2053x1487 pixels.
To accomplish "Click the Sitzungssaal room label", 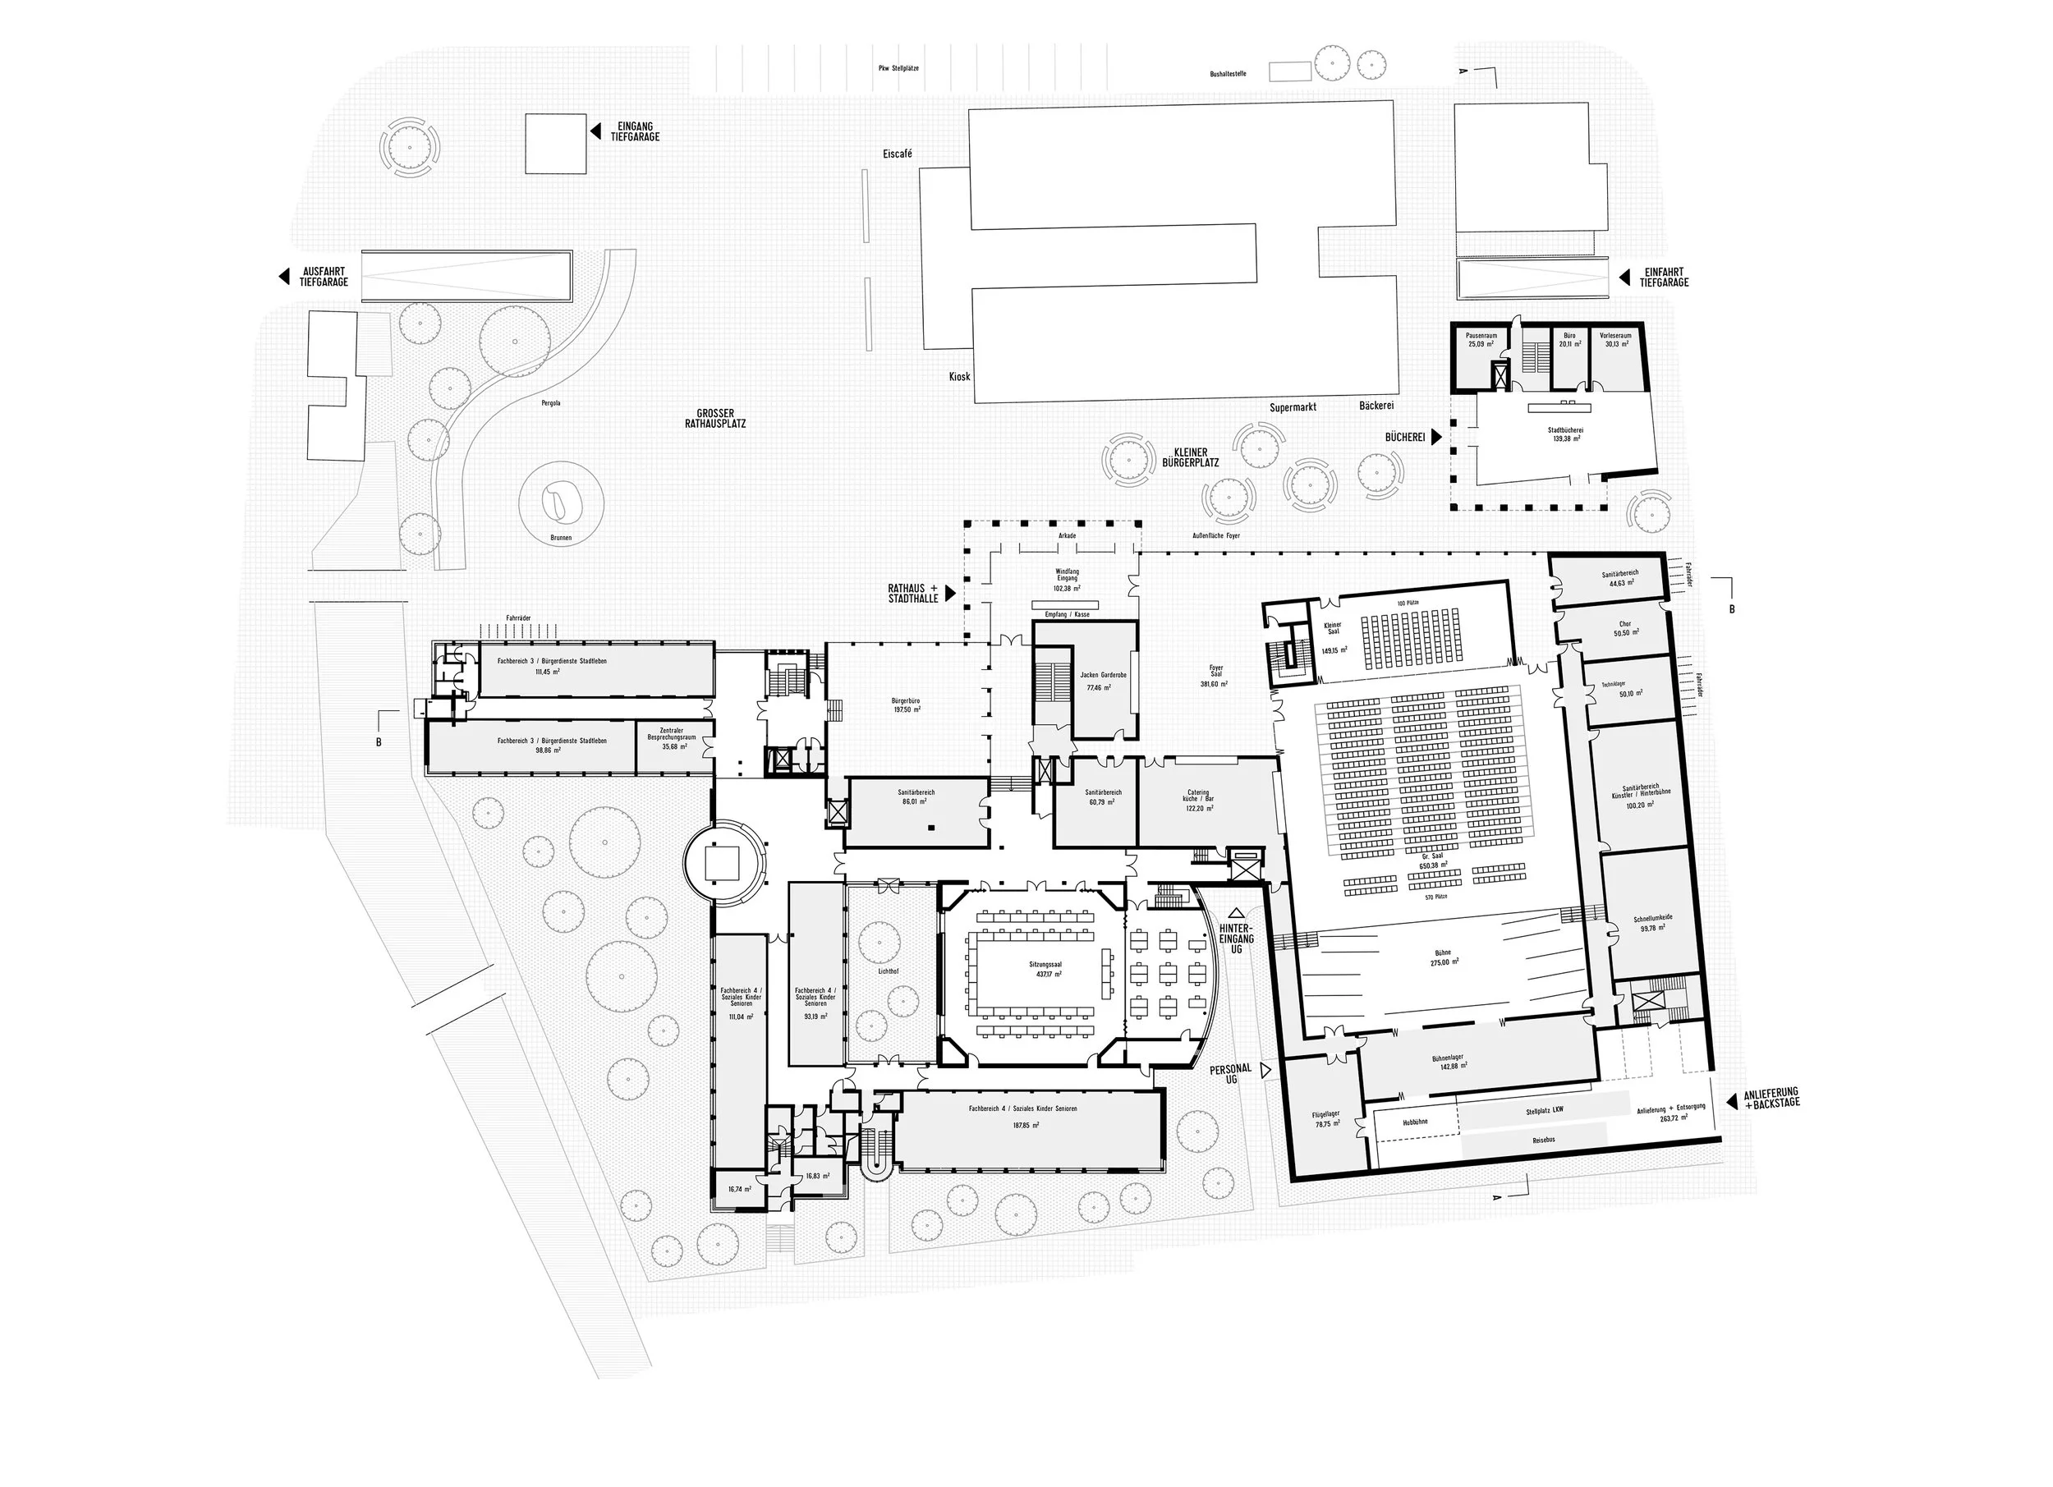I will click(1045, 965).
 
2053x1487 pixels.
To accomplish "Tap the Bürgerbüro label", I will click(905, 700).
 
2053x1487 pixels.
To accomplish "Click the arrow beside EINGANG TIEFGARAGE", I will click(595, 132).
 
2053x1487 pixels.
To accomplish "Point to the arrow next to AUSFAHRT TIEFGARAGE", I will click(283, 277).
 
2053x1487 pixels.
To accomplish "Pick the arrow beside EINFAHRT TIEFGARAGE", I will click(1625, 277).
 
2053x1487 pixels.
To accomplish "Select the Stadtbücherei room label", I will click(1565, 431).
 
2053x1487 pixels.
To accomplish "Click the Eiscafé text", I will click(897, 154).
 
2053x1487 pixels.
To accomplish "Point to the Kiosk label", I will click(959, 375).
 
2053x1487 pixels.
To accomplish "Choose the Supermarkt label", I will click(1293, 407).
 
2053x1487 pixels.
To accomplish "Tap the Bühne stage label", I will click(1443, 953).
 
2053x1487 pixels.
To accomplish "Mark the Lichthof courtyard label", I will click(888, 971).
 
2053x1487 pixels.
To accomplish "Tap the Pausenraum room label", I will click(1481, 336).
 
